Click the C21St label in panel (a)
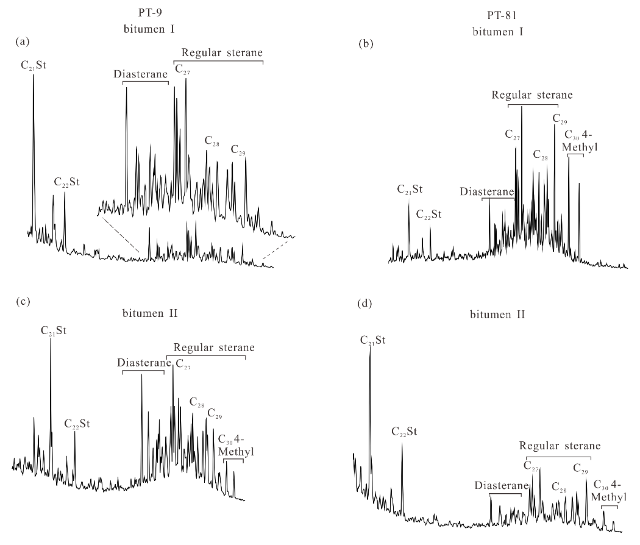coord(33,63)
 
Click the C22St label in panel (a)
coord(66,181)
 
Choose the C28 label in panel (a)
coord(212,141)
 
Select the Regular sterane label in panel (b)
coord(532,95)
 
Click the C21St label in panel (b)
coord(410,189)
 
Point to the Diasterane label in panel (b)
coord(486,191)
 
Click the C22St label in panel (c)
coord(77,424)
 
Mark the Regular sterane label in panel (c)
coord(214,347)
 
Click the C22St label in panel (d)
coord(404,432)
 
